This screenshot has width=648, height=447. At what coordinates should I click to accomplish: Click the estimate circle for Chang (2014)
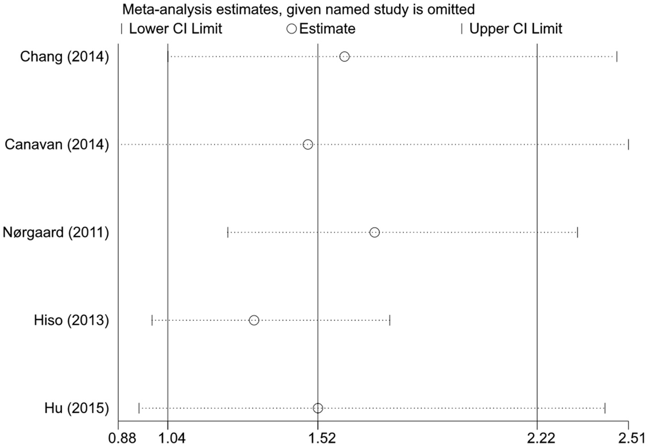point(344,57)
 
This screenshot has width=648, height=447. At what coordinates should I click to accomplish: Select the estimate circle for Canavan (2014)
point(308,145)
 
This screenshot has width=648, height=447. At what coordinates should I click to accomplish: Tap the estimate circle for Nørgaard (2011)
point(375,232)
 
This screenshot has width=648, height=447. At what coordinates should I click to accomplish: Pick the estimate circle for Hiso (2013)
point(254,320)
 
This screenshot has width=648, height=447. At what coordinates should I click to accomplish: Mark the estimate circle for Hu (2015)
point(318,408)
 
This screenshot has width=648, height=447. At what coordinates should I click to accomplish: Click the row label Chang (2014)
point(64,57)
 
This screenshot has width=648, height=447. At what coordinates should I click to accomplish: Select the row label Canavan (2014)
point(57,145)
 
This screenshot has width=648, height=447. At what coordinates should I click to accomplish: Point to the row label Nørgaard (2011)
point(56,232)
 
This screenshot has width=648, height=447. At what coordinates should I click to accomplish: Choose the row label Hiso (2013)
point(71,320)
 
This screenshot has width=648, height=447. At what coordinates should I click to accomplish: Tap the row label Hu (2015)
point(77,408)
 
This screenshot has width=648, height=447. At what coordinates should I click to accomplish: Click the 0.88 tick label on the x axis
point(122,438)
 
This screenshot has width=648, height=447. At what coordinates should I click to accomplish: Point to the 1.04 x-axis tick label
point(171,438)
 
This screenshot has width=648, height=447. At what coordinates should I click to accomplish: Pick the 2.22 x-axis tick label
point(541,438)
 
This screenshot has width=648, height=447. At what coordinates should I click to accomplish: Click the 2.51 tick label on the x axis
point(632,438)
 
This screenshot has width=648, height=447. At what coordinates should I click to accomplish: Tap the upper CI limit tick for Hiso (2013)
point(390,320)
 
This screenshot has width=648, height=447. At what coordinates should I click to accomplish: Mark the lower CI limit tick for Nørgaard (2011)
point(228,232)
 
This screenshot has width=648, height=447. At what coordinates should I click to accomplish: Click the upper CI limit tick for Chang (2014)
point(617,57)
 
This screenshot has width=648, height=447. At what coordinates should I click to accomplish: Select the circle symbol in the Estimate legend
point(291,29)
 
